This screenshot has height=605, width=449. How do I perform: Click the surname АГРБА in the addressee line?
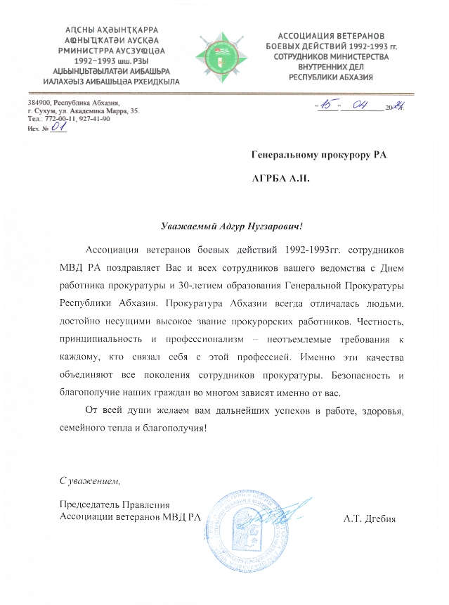pos(270,179)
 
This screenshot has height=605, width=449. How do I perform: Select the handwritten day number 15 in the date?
pos(327,106)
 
